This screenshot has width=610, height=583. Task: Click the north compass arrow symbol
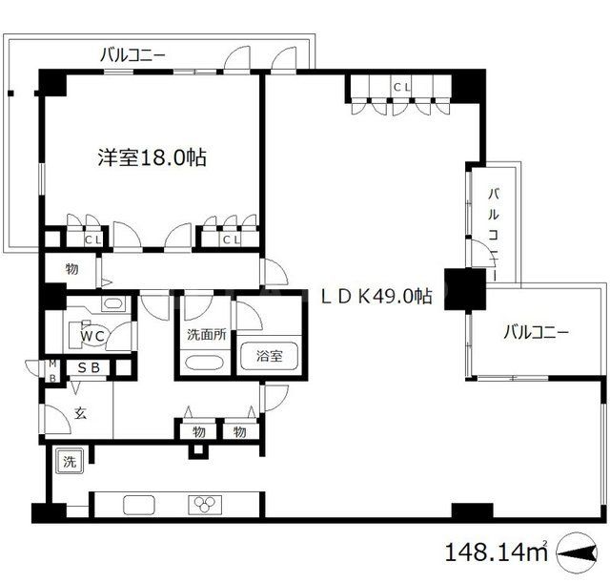(x=579, y=552)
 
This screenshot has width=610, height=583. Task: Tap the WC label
(x=91, y=336)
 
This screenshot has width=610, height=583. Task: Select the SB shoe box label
(x=89, y=368)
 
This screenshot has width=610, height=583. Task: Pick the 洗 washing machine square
(x=70, y=460)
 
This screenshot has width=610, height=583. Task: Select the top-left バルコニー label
(x=133, y=56)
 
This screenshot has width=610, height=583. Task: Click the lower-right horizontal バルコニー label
(x=536, y=333)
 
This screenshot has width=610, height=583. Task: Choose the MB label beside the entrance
(x=53, y=369)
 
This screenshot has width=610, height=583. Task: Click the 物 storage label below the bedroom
(x=72, y=270)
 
